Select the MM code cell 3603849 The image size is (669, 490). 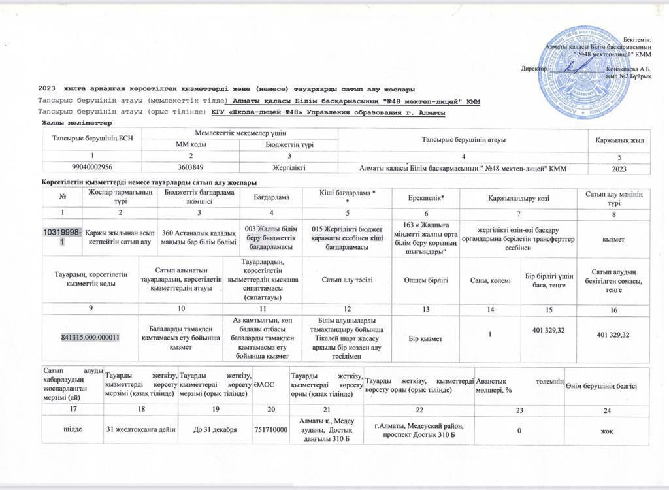point(191,169)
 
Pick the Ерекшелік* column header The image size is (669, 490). point(425,197)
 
